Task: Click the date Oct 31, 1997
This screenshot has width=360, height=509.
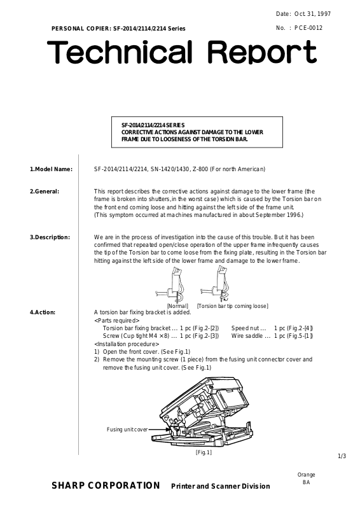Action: click(x=312, y=14)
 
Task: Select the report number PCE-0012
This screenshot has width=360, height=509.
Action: click(x=308, y=28)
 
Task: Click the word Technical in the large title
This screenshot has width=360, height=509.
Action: click(x=120, y=52)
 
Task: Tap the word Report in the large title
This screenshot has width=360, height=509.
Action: click(x=261, y=52)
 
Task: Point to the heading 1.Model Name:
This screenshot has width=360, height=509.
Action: click(x=52, y=169)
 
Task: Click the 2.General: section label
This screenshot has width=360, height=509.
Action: click(x=45, y=192)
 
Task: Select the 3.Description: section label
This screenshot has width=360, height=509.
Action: click(x=50, y=237)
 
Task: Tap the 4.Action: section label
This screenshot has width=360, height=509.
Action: click(x=43, y=312)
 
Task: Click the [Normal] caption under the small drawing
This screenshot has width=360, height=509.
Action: click(x=177, y=306)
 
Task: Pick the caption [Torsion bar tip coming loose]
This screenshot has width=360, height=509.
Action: click(x=233, y=306)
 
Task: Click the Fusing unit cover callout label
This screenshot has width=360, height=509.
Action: click(x=127, y=429)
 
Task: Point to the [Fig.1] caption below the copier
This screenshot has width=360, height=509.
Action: click(x=204, y=452)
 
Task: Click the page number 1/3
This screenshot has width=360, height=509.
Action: click(x=342, y=456)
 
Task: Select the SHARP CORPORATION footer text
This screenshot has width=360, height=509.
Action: click(x=106, y=485)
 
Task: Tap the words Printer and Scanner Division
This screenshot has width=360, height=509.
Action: click(x=221, y=486)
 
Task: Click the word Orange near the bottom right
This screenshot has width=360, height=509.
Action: click(x=306, y=475)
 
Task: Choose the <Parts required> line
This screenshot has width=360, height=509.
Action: click(x=117, y=321)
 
